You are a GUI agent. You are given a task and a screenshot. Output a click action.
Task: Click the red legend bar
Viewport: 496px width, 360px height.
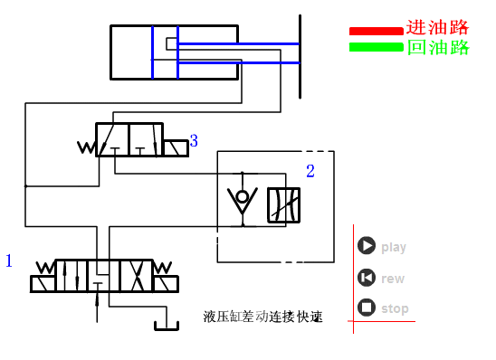point(376,31)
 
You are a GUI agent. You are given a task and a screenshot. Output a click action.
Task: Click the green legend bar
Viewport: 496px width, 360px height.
point(376,46)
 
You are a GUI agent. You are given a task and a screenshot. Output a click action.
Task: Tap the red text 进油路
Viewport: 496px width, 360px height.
point(438,28)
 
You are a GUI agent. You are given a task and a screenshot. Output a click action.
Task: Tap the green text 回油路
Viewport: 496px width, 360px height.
point(438,47)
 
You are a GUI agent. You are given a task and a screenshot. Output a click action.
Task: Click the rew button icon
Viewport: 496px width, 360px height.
point(367,278)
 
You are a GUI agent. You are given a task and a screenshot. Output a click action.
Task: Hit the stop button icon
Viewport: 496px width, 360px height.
point(367,308)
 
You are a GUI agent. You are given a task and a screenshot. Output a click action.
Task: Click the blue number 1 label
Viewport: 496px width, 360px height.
point(9,261)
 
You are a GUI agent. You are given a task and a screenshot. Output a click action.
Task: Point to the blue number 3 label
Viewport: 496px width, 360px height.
point(194,141)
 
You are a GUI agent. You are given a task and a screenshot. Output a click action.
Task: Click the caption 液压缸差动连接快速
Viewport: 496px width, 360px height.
point(263,317)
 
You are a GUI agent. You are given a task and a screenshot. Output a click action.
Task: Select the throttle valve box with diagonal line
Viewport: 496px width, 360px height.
point(283,204)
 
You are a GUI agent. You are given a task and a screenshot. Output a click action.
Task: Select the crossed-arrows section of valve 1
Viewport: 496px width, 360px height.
point(136,275)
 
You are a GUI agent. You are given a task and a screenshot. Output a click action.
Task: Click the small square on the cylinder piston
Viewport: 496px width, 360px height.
point(172,43)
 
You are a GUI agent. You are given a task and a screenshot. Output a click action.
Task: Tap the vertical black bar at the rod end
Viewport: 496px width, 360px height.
point(299,54)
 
